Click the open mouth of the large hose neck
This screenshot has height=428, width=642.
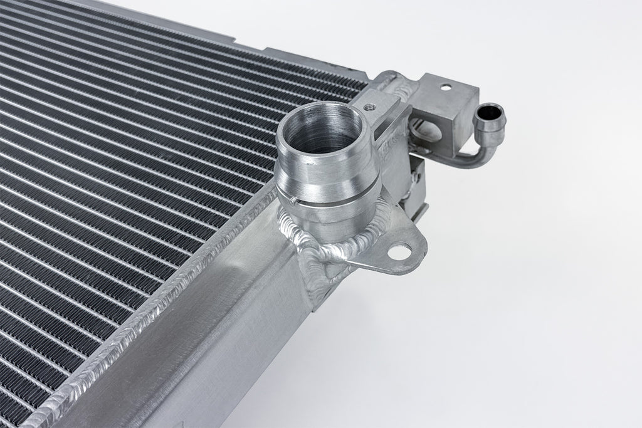pyautogui.click(x=322, y=132)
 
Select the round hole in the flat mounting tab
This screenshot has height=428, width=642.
pyautogui.click(x=399, y=251)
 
